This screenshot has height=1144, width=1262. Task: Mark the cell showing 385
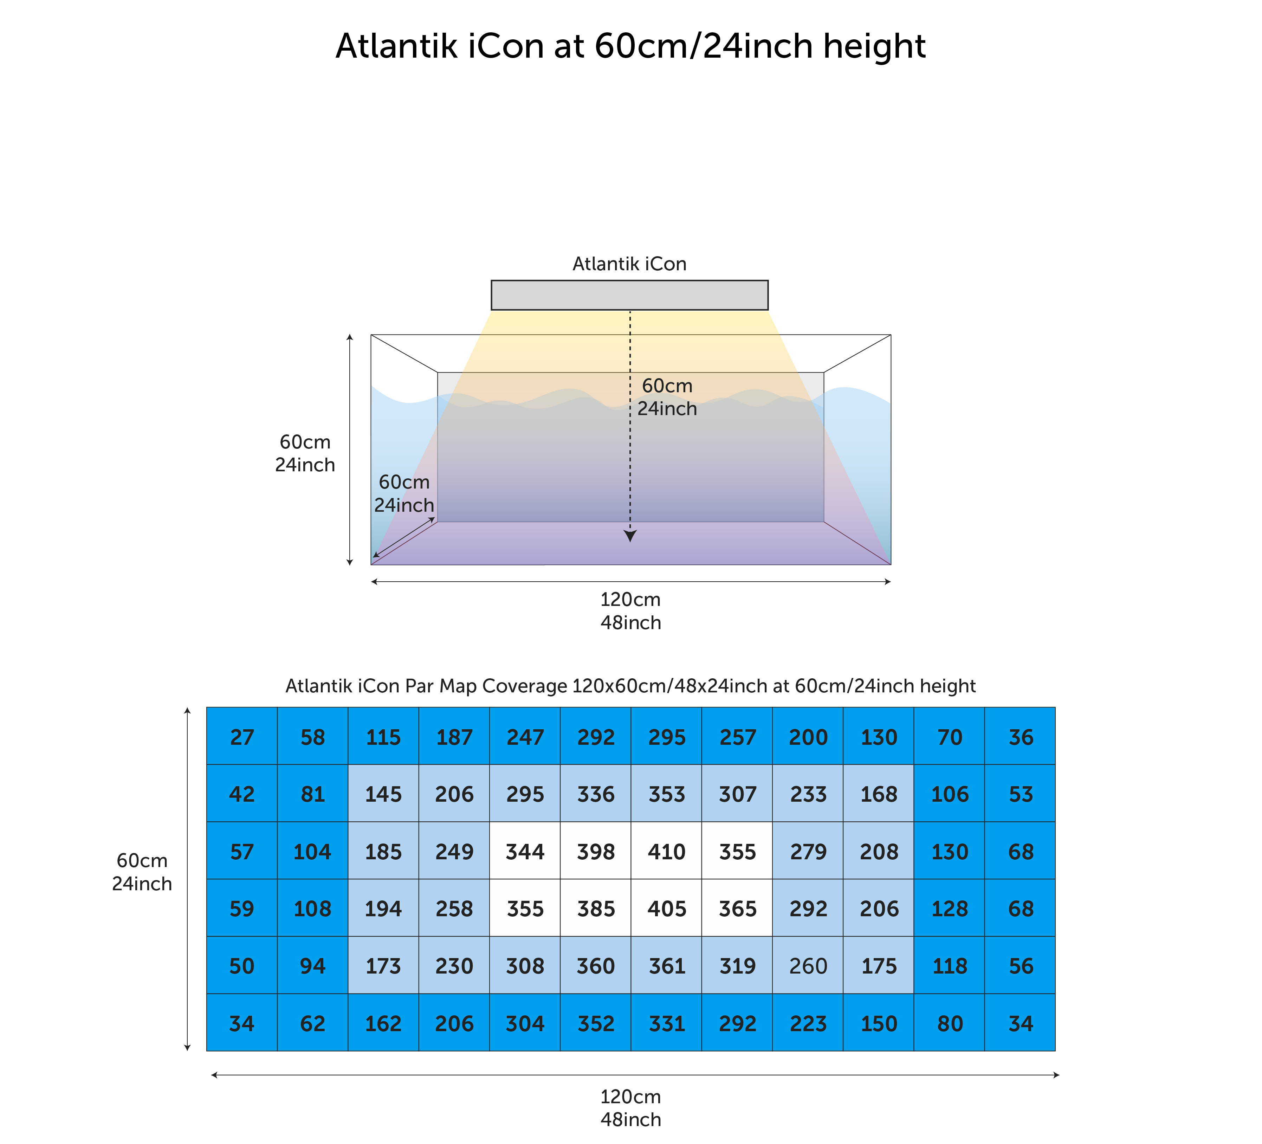coord(595,907)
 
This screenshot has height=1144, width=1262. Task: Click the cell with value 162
coord(383,1022)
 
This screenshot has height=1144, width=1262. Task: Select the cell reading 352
coord(595,1022)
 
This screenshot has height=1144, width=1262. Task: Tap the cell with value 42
coord(242,793)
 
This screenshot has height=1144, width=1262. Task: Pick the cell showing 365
coord(737,907)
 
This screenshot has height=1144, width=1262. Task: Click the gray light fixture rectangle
coord(630,295)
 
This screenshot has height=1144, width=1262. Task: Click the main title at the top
coord(630,46)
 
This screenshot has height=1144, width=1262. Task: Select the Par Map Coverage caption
coord(630,686)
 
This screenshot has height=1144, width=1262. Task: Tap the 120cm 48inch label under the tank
coord(630,610)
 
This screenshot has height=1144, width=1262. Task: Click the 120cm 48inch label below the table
coord(630,1108)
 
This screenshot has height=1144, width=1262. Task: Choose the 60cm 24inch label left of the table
coord(142,872)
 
